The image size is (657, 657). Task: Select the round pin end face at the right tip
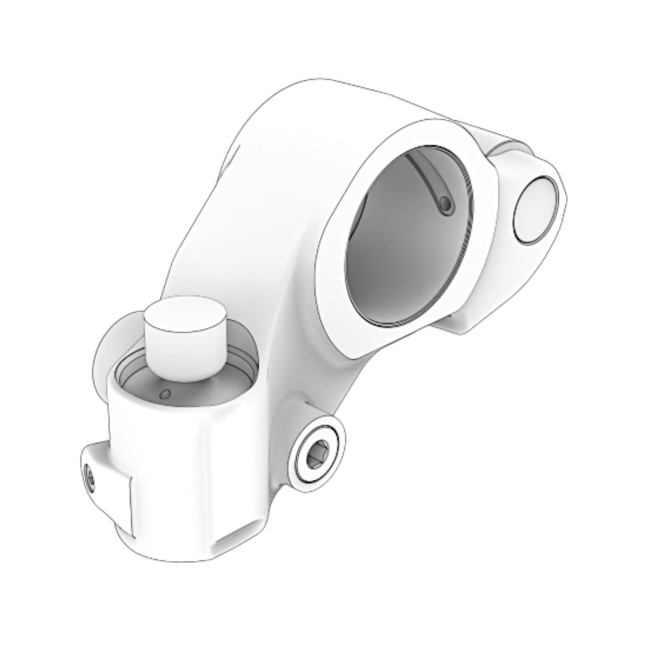click(535, 210)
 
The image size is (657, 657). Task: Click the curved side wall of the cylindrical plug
click(182, 355)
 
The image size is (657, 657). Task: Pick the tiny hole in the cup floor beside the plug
click(166, 393)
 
